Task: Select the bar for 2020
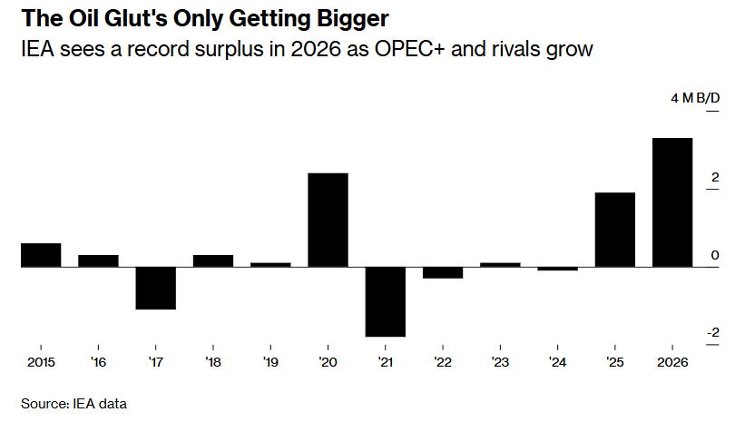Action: [x=328, y=220]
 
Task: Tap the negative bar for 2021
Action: [x=386, y=301]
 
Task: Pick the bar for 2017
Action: [x=155, y=288]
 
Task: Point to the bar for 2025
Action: [x=615, y=230]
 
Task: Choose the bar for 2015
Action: [x=41, y=255]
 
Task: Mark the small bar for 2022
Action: [x=443, y=272]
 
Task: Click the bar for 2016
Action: [x=98, y=260]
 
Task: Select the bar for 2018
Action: [x=213, y=260]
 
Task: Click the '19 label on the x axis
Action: [x=270, y=362]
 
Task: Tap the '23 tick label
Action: [x=500, y=362]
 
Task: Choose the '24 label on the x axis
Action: [x=557, y=362]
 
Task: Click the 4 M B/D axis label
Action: [x=695, y=98]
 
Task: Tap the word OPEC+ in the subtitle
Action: [x=400, y=49]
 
